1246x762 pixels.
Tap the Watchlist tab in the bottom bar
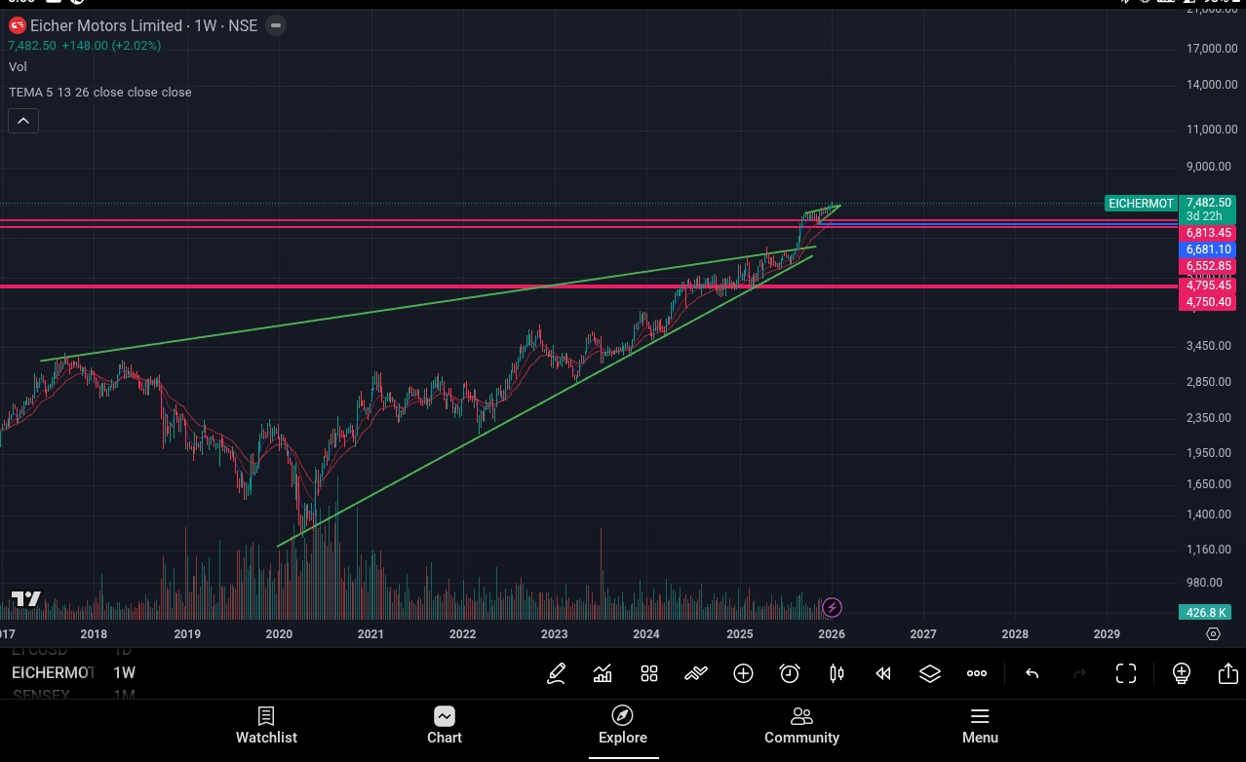click(266, 726)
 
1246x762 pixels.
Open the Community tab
click(801, 726)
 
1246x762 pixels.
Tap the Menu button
click(980, 726)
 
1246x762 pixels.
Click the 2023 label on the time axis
click(554, 634)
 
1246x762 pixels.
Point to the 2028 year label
click(1014, 634)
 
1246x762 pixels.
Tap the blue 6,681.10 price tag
click(1208, 249)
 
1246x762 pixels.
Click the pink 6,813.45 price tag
click(1208, 233)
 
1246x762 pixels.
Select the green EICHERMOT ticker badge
click(1141, 204)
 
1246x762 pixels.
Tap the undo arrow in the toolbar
click(1032, 673)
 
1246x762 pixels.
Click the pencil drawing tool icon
click(556, 673)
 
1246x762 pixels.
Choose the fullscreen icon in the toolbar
click(1126, 673)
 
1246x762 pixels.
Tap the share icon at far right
click(1227, 673)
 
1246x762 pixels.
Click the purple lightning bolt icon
click(832, 608)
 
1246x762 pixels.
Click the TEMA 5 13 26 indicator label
click(100, 92)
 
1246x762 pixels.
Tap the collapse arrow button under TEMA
click(23, 121)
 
